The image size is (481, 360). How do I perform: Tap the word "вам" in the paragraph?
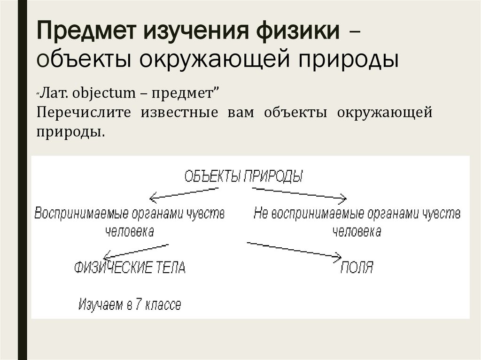(240, 113)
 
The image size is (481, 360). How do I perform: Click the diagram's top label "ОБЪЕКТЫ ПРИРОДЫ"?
(243, 176)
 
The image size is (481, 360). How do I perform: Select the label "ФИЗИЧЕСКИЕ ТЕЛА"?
(130, 268)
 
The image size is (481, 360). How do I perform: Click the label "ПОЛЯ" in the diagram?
(357, 268)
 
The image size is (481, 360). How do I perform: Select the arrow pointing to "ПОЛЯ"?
(294, 249)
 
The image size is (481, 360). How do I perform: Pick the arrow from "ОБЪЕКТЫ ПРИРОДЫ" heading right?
(299, 192)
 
